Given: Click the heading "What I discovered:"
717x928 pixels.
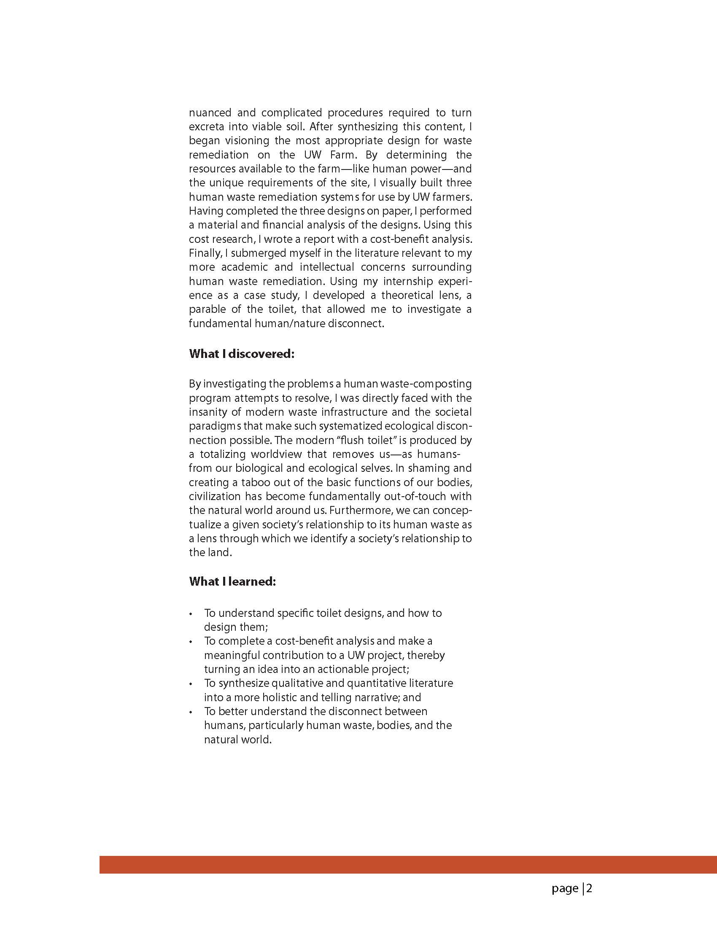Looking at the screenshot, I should coord(241,354).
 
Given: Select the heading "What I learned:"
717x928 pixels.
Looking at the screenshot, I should coord(232,581).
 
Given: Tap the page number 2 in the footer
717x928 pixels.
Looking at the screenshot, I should coord(590,888).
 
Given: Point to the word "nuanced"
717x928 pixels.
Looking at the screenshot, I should coord(210,113).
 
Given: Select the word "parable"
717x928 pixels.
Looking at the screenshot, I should coord(207,309).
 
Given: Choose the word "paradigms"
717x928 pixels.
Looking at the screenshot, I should coord(215,426).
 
